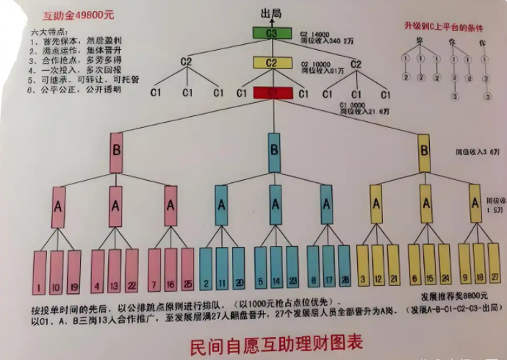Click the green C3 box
[x=272, y=34]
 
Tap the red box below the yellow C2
[x=272, y=93]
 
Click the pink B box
[x=116, y=151]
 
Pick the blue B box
[x=274, y=151]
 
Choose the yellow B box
[x=425, y=151]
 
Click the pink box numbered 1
[x=40, y=272]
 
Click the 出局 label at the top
[x=271, y=12]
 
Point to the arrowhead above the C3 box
[x=272, y=21]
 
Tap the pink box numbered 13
[x=115, y=272]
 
